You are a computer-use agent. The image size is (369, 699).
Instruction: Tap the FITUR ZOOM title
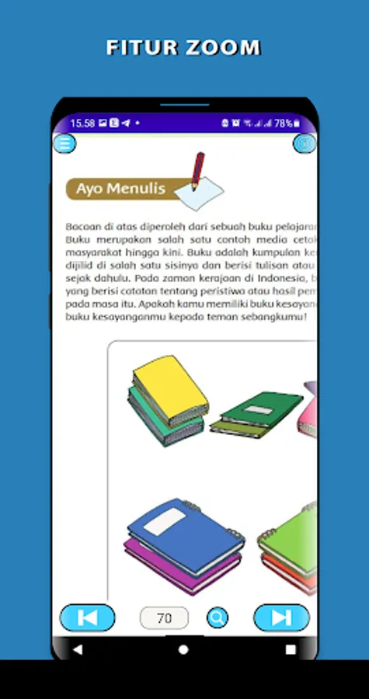pyautogui.click(x=183, y=47)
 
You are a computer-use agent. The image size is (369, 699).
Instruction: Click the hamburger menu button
pyautogui.click(x=64, y=144)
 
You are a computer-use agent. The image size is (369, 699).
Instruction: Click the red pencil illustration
pyautogui.click(x=198, y=170)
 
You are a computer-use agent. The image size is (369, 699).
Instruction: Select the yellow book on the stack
pyautogui.click(x=170, y=385)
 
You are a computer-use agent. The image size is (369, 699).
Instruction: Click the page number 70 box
pyautogui.click(x=164, y=618)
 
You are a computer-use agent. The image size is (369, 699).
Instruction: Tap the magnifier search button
pyautogui.click(x=218, y=618)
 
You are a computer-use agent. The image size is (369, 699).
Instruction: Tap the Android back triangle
pyautogui.click(x=77, y=649)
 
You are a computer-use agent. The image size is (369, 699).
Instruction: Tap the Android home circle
pyautogui.click(x=183, y=649)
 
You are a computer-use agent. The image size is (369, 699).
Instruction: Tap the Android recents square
pyautogui.click(x=291, y=649)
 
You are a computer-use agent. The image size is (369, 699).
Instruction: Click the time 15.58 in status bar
pyautogui.click(x=82, y=123)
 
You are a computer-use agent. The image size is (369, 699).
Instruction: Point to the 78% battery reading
pyautogui.click(x=283, y=123)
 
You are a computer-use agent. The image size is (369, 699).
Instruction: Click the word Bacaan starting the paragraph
pyautogui.click(x=84, y=226)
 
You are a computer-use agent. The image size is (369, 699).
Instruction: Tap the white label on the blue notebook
pyautogui.click(x=165, y=522)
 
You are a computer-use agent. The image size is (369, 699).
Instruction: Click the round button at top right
pyautogui.click(x=304, y=144)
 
